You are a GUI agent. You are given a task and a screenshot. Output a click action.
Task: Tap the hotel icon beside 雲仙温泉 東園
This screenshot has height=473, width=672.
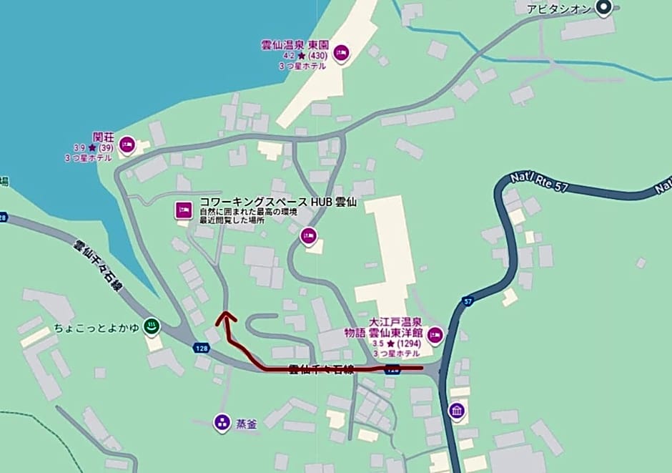(x=341, y=52)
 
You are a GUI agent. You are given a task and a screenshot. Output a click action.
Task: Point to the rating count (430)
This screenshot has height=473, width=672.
(x=317, y=55)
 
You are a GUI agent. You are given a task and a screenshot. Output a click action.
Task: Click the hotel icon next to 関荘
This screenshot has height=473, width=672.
(x=127, y=145)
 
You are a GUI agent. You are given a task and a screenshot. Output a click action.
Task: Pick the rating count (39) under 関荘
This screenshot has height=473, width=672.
(x=106, y=147)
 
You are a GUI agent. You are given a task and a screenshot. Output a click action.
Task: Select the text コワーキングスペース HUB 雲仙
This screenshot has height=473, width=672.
(x=278, y=203)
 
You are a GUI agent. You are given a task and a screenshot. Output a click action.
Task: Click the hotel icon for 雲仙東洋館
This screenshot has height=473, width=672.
(x=435, y=334)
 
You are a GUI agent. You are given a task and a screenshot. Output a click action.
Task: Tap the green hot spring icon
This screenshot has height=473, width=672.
(x=151, y=327)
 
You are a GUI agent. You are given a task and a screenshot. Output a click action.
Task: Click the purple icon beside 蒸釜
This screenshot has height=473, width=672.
(x=222, y=423)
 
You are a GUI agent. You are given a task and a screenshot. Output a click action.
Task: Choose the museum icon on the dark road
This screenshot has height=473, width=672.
(x=457, y=411)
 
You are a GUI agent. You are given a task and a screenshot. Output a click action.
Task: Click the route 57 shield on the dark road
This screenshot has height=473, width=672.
(x=468, y=302)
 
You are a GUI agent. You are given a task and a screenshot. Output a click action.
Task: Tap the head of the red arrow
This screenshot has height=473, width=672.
(x=227, y=315)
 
